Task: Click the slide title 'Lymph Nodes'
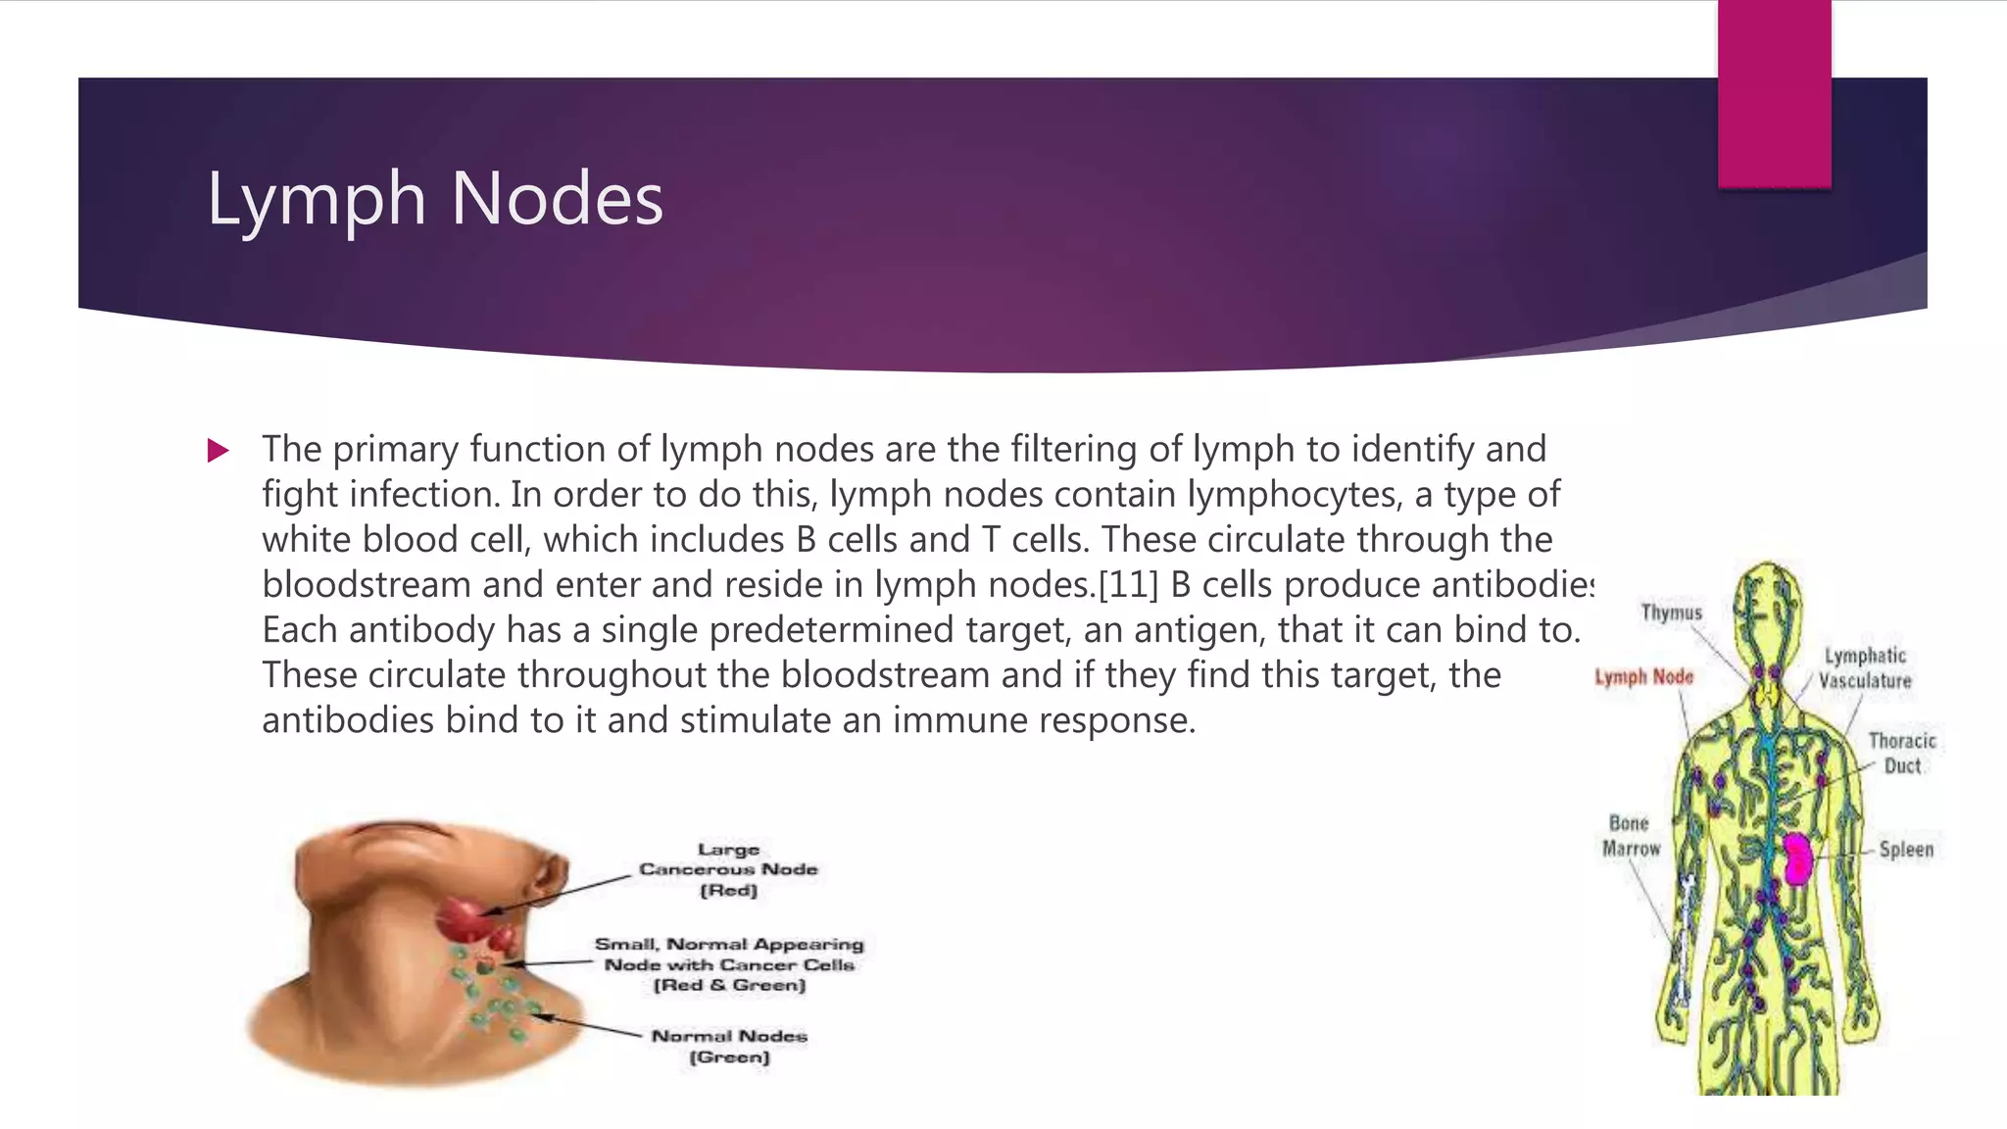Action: tap(435, 199)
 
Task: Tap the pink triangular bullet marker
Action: tap(218, 451)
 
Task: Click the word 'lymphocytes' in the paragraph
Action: tap(1293, 495)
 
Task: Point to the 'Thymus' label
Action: tap(1672, 613)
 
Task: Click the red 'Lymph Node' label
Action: tap(1643, 677)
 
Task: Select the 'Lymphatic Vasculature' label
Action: tap(1865, 668)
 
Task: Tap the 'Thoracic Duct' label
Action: tap(1902, 754)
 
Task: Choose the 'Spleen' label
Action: tap(1906, 850)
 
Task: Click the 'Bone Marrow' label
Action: tap(1631, 836)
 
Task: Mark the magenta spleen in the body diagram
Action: tap(1796, 858)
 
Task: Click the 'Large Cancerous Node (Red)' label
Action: tap(728, 869)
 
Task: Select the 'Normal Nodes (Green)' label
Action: tap(729, 1046)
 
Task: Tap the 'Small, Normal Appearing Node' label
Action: tap(729, 964)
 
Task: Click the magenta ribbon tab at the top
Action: tap(1774, 94)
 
